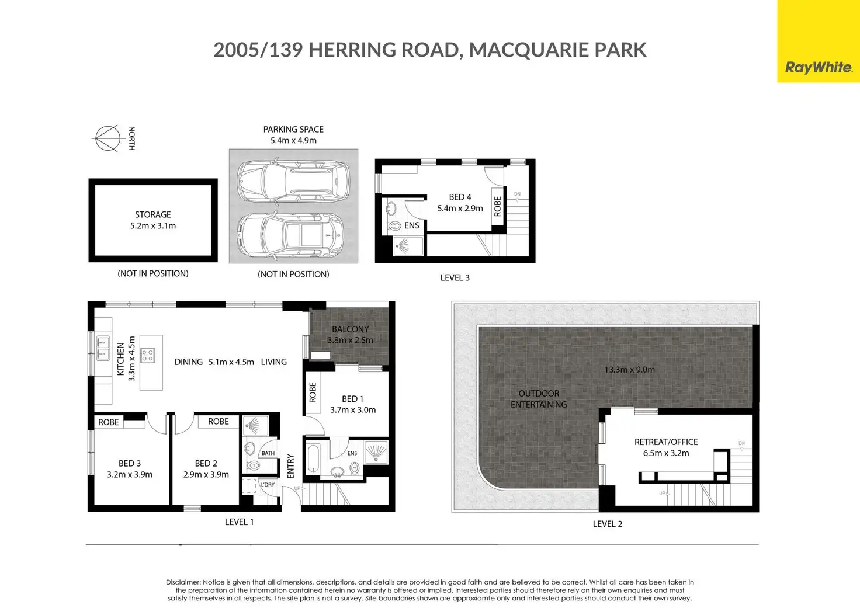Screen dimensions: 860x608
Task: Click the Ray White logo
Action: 818,68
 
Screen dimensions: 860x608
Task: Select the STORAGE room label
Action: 153,214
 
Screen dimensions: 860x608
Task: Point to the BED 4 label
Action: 460,197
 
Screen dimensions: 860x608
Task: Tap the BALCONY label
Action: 350,329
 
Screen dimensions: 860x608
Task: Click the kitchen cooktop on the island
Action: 147,355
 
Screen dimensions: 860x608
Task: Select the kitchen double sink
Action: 102,348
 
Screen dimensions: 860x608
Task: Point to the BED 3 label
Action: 130,464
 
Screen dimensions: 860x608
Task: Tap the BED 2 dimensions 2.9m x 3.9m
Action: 206,475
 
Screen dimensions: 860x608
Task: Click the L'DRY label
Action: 268,484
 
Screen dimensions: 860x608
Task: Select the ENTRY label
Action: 290,466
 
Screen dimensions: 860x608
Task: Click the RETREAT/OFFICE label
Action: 666,442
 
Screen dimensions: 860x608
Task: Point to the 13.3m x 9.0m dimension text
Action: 630,370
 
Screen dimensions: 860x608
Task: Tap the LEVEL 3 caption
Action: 455,277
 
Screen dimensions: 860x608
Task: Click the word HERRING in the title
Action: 352,50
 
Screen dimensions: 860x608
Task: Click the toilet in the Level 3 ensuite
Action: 394,225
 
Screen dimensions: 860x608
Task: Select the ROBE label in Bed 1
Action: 313,392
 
